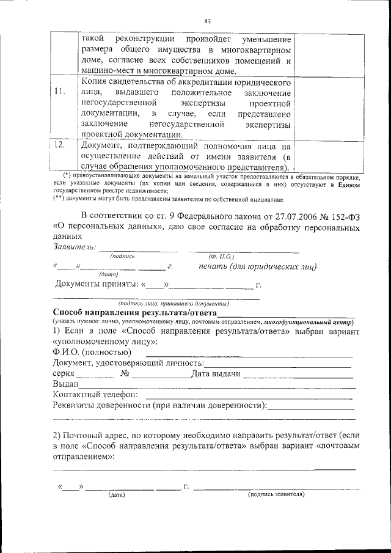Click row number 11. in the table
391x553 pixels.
[x=59, y=92]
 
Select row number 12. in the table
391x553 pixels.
[x=59, y=145]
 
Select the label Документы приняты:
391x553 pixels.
[x=97, y=284]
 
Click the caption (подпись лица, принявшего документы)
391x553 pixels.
[x=174, y=303]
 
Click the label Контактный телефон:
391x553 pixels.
[x=95, y=395]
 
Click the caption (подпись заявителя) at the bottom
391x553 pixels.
[x=276, y=494]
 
